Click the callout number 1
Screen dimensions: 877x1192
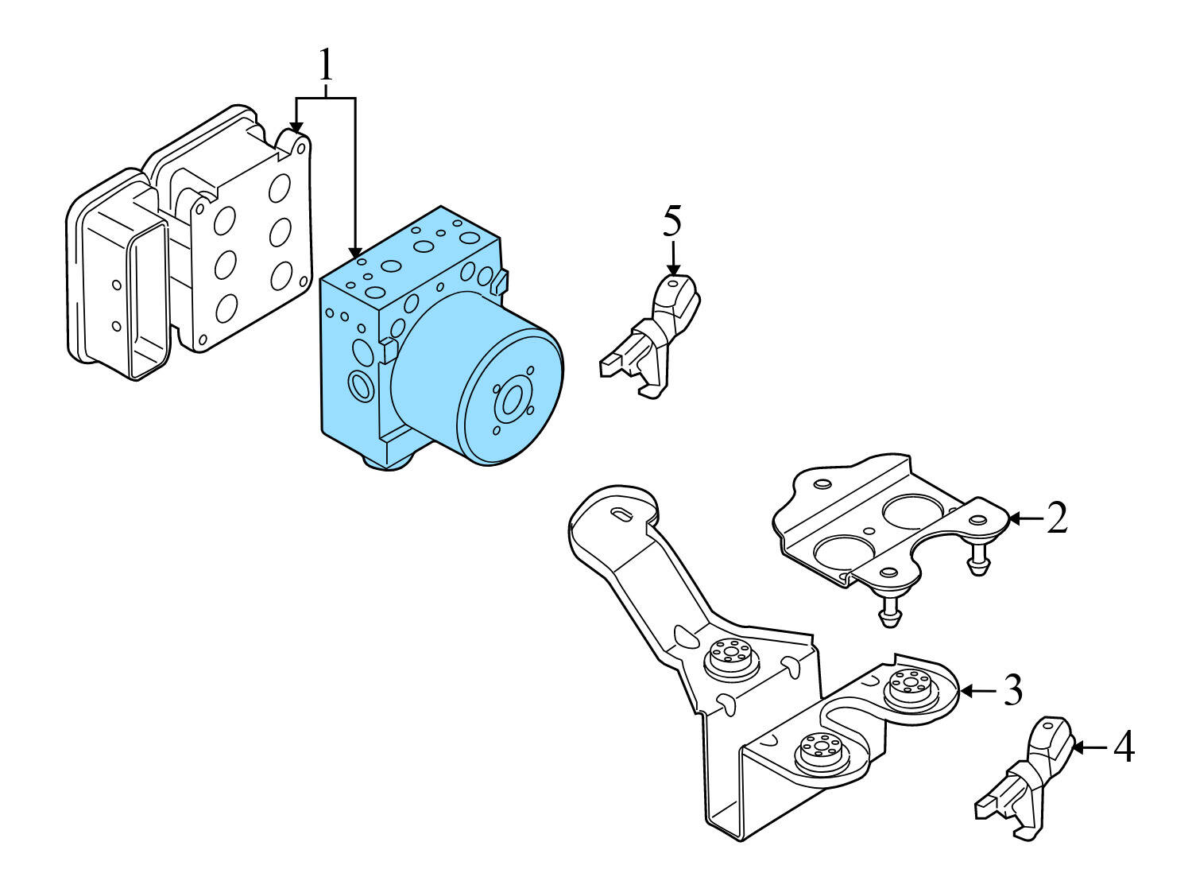pyautogui.click(x=325, y=65)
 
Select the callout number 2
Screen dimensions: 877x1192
pyautogui.click(x=1056, y=518)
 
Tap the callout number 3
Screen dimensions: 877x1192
pyautogui.click(x=1012, y=690)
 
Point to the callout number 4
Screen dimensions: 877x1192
pyautogui.click(x=1123, y=747)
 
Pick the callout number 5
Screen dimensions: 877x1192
pyautogui.click(x=672, y=221)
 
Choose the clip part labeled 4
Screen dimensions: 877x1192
pyautogui.click(x=1029, y=779)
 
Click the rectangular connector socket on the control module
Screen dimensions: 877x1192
pyautogui.click(x=147, y=302)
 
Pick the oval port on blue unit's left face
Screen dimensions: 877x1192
pyautogui.click(x=362, y=387)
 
